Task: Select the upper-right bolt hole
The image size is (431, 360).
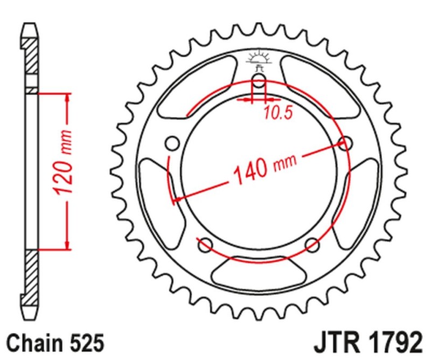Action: (345, 143)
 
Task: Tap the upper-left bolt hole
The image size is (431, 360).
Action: (173, 144)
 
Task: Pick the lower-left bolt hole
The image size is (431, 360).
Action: (205, 245)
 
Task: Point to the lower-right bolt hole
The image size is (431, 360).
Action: (311, 245)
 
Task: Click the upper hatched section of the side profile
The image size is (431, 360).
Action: (32, 57)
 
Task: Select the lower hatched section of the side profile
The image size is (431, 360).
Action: (32, 275)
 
